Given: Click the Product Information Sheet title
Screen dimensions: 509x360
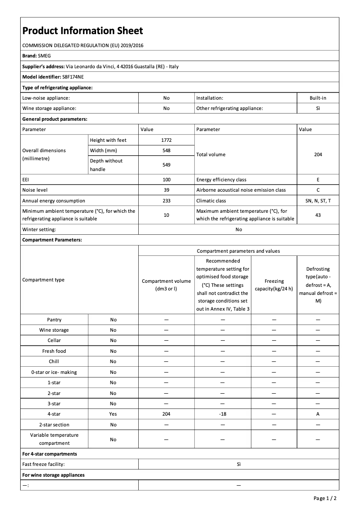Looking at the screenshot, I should (83, 31).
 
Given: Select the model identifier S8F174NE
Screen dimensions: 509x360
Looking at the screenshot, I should (73, 77).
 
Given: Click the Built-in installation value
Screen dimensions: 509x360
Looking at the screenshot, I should (318, 97).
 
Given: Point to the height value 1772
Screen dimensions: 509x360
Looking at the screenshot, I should (166, 140).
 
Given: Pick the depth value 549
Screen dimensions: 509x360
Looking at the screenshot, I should (166, 165).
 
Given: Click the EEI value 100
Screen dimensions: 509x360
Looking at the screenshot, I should (166, 180).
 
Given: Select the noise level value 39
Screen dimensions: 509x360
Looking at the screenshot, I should (166, 190).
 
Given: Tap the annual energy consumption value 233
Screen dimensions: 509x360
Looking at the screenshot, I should (166, 201).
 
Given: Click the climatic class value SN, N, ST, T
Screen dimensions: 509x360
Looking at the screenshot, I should (318, 201).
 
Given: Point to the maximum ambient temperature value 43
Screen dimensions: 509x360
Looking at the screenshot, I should (318, 215).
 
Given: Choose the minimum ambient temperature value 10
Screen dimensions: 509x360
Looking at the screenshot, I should (166, 215).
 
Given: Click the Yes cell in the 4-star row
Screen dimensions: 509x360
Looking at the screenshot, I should (113, 414).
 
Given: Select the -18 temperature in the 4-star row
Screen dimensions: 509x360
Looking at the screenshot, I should (222, 414).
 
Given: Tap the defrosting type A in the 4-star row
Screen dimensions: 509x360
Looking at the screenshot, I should (318, 414).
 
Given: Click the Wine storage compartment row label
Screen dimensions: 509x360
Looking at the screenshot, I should (54, 330).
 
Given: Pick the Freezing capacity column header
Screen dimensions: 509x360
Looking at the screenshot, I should (274, 285).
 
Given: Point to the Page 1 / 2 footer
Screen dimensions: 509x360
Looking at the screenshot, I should (325, 498).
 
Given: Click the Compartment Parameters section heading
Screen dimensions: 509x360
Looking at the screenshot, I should (52, 240).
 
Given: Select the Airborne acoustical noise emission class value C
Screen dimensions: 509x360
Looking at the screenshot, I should (318, 190).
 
